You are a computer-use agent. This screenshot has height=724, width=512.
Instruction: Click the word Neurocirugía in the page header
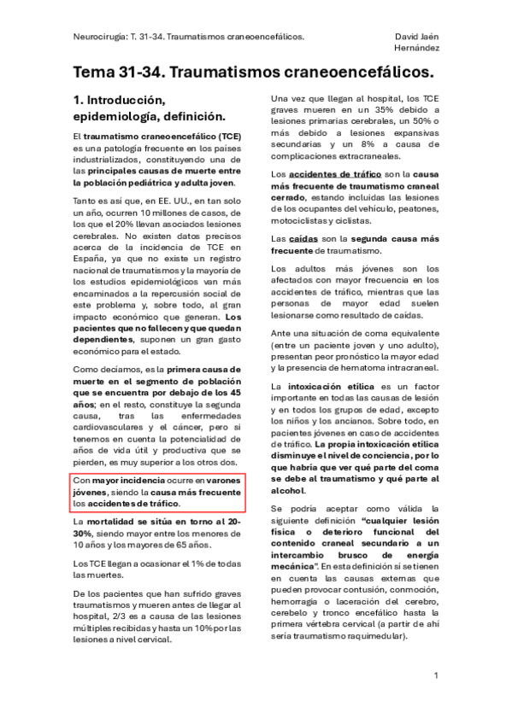tap(97, 38)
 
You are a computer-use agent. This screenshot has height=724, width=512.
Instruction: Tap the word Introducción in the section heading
tap(131, 100)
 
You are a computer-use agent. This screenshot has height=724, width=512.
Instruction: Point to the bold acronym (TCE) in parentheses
tap(230, 137)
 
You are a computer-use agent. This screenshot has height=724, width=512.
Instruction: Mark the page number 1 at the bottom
tap(435, 676)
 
